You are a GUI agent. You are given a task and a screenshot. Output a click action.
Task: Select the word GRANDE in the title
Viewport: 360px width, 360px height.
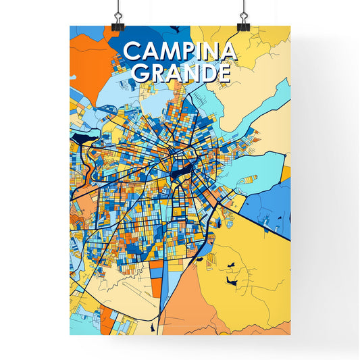point(180,72)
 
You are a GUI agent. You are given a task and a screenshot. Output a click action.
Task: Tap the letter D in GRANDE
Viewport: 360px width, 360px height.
point(206,72)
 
